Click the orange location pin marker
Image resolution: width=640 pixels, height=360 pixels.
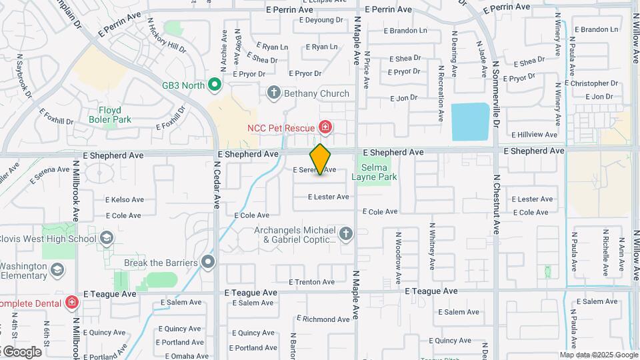click(320, 159)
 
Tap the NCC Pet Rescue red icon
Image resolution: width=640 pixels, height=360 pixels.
click(325, 127)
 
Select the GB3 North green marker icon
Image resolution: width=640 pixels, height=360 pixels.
click(214, 85)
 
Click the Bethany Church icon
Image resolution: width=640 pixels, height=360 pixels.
click(273, 93)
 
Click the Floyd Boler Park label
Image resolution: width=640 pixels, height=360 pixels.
click(110, 115)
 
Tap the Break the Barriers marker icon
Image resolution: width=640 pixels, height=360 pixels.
click(209, 262)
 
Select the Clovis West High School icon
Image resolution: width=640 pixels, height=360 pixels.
click(106, 239)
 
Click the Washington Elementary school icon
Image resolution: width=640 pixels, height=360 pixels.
click(58, 270)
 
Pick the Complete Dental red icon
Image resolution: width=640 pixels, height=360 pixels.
click(72, 303)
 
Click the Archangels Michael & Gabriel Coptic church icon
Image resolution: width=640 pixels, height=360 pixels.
click(345, 233)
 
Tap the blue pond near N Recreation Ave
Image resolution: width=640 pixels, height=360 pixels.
click(471, 121)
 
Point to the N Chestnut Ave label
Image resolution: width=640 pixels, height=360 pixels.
click(496, 204)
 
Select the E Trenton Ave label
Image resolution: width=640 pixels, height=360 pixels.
click(311, 282)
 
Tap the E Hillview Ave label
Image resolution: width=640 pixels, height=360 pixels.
click(533, 134)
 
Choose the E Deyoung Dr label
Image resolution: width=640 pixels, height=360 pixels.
click(321, 20)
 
